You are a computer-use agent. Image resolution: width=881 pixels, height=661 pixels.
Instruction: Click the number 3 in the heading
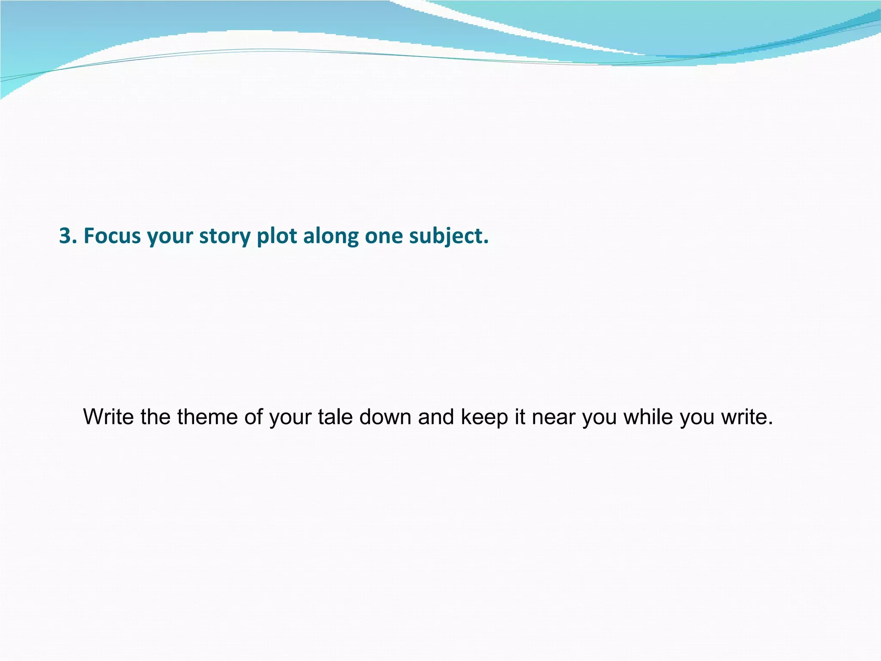point(65,236)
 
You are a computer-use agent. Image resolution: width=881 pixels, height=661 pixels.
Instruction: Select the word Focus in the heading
point(112,236)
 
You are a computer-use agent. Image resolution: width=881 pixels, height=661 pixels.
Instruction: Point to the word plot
point(277,237)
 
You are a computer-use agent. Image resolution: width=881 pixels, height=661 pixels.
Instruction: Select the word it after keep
point(520,417)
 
